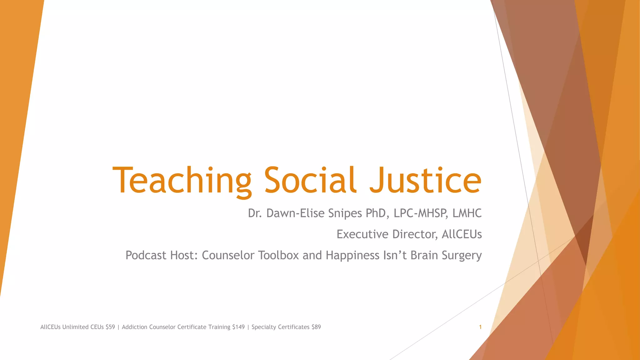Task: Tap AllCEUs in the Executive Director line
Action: coord(462,234)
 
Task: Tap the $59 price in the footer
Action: coord(110,327)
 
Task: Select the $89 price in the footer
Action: coord(316,327)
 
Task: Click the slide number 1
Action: coord(480,327)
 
